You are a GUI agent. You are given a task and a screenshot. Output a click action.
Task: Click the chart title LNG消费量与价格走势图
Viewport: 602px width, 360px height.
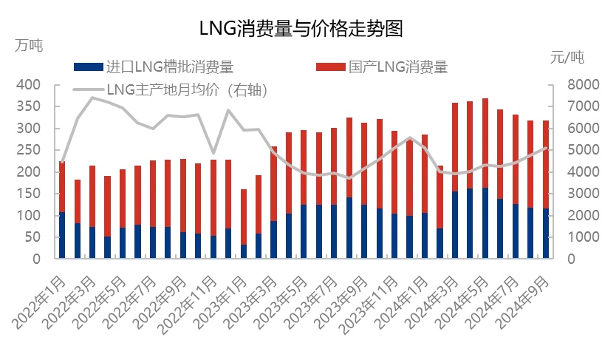pyautogui.click(x=301, y=29)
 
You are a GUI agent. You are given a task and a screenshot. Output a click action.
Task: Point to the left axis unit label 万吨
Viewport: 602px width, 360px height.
pyautogui.click(x=29, y=44)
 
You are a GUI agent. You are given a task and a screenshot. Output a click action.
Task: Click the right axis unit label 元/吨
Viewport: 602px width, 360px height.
pyautogui.click(x=567, y=56)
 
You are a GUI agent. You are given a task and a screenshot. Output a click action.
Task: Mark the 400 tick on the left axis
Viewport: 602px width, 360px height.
pyautogui.click(x=30, y=85)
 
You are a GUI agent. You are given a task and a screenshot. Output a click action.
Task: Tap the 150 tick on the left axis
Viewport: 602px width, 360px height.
pyautogui.click(x=30, y=194)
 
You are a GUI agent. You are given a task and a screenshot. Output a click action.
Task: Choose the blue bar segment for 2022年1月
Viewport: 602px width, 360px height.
pyautogui.click(x=62, y=235)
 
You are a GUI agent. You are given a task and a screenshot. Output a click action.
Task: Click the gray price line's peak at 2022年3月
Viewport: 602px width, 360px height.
pyautogui.click(x=92, y=98)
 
